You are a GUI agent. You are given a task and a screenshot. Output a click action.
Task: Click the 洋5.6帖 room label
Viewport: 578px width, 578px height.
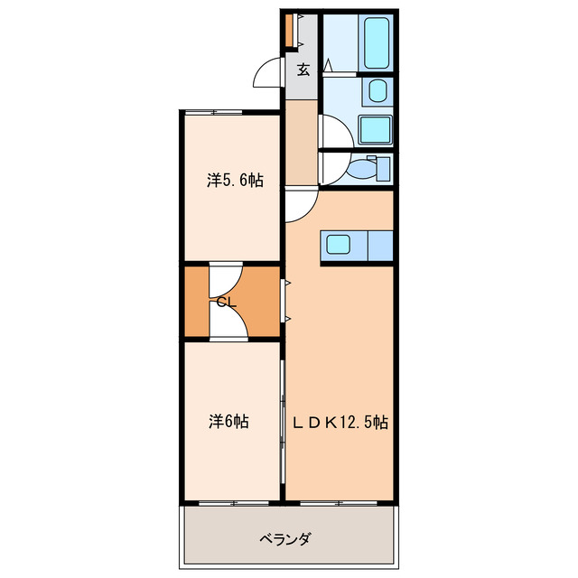click(235, 181)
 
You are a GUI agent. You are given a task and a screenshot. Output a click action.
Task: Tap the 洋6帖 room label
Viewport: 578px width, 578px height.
click(229, 421)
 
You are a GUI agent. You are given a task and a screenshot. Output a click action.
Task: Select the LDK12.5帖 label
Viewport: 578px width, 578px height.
click(340, 421)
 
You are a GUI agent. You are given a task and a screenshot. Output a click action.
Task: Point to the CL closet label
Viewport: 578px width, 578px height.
click(226, 303)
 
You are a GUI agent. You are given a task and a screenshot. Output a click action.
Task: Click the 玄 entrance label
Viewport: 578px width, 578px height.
click(303, 70)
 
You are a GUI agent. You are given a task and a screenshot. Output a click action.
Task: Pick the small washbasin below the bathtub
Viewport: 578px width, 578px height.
click(376, 90)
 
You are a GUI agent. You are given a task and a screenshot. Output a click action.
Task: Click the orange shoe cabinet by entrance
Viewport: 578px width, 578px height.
click(289, 31)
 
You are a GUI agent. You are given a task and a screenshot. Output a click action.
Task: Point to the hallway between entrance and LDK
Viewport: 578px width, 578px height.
click(302, 140)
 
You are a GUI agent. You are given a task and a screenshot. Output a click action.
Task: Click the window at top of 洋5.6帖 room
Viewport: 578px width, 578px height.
click(215, 112)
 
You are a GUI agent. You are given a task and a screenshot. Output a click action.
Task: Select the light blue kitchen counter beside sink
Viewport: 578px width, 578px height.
click(378, 245)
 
